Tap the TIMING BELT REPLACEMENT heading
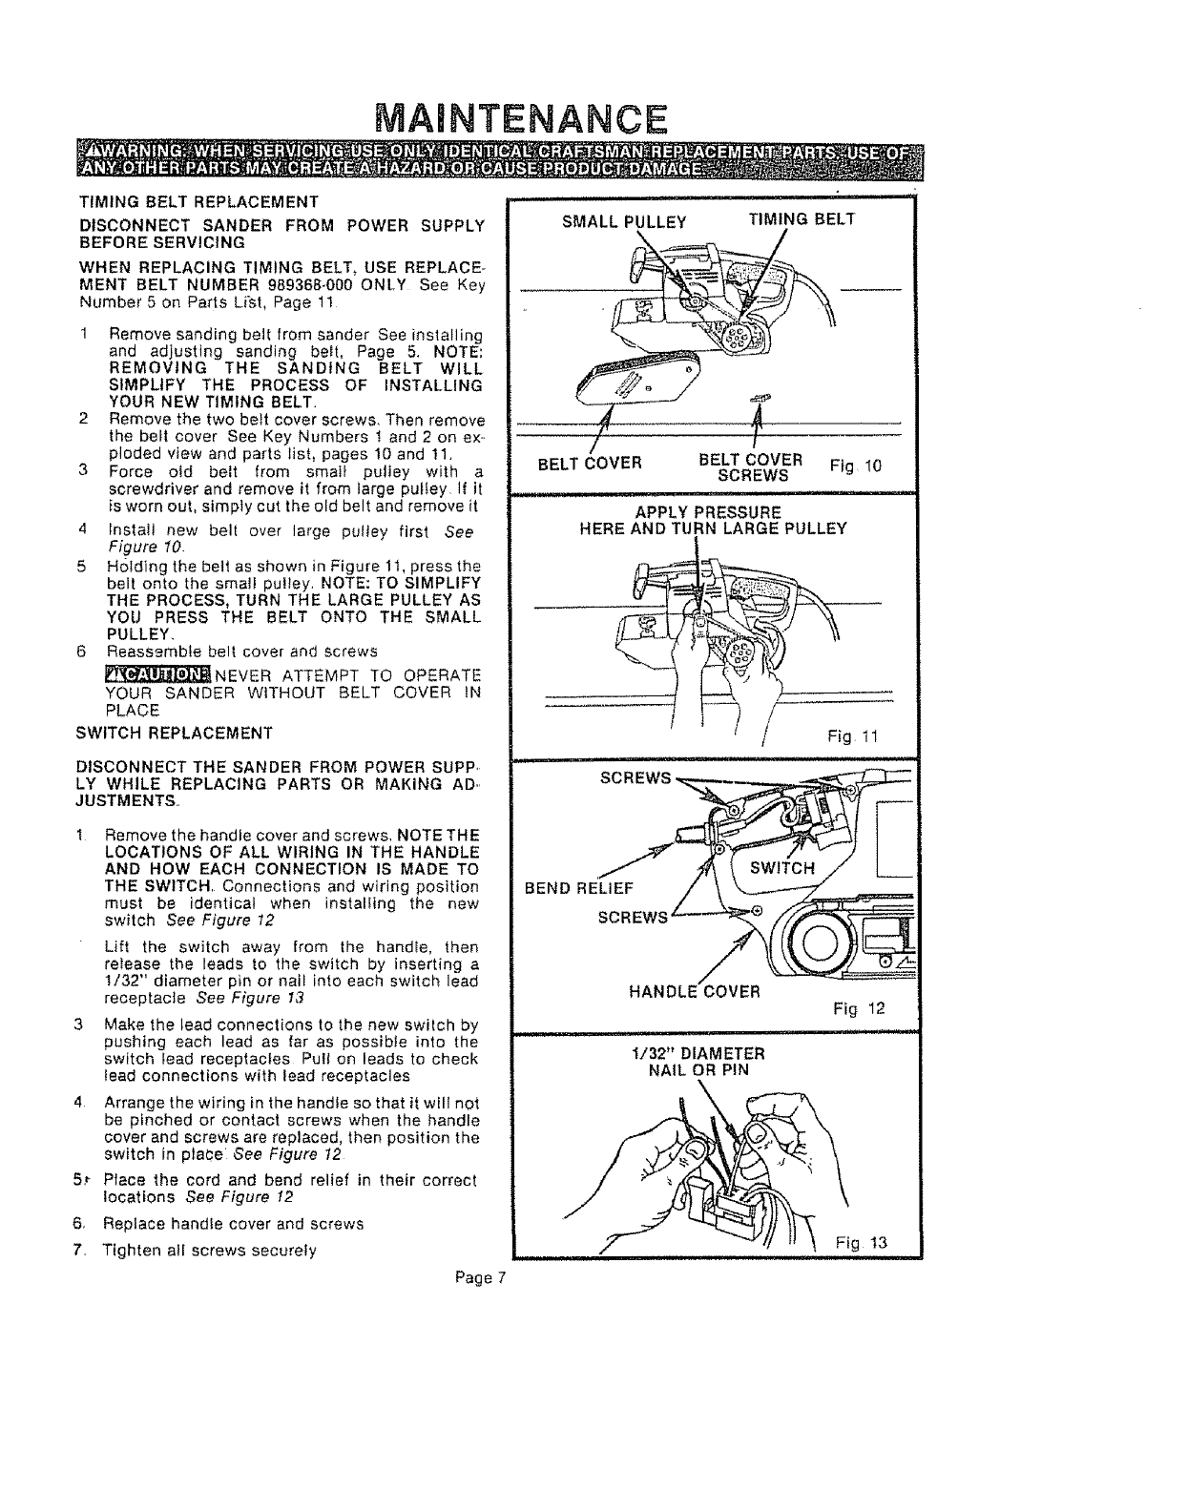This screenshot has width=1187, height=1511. pos(199,202)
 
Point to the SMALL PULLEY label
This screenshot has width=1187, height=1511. pos(624,222)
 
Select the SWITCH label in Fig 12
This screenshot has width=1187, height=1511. pos(782,868)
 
